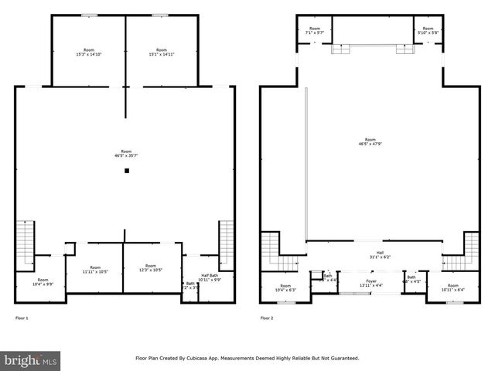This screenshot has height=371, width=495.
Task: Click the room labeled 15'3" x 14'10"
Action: point(87,53)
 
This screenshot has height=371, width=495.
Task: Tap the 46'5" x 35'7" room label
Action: point(126,154)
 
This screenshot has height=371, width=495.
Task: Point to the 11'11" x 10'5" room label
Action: point(95,269)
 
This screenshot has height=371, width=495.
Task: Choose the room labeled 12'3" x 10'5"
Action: point(151,268)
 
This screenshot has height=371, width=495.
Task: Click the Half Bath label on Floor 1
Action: point(210,277)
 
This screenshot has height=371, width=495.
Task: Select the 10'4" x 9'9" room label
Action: point(43,282)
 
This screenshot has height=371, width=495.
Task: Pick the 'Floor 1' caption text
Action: point(22,318)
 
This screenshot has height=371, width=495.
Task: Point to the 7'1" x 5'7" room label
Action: point(314,32)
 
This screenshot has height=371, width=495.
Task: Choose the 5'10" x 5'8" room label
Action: point(428,32)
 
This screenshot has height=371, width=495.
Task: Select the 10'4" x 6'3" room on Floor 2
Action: point(285,288)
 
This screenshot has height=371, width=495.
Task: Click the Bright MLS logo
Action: point(31,360)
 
